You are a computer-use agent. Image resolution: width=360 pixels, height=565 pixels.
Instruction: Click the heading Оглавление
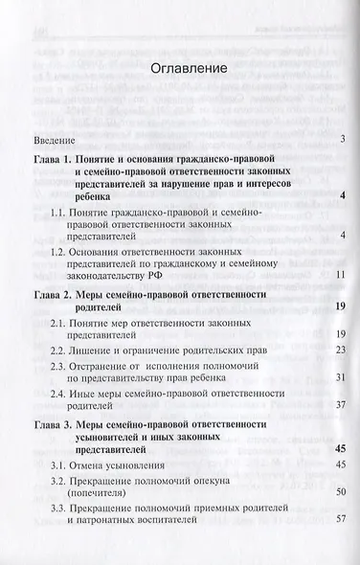(x=180, y=69)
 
